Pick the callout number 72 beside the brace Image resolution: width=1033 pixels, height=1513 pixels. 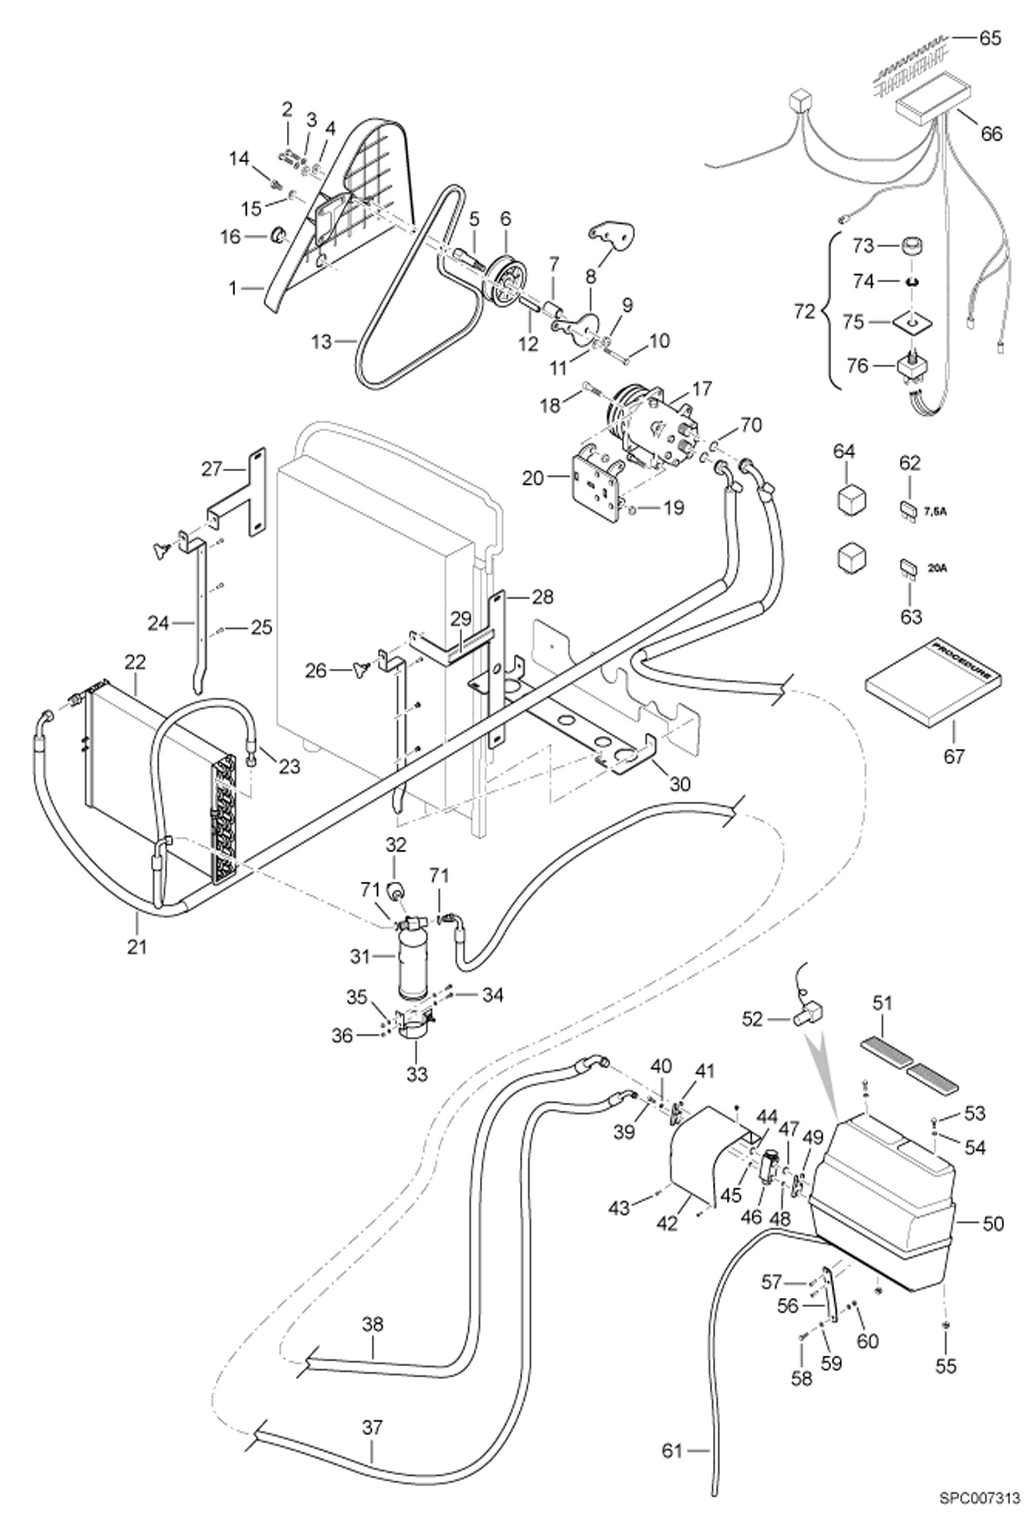[x=805, y=312]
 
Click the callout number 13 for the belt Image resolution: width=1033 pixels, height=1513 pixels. [x=321, y=341]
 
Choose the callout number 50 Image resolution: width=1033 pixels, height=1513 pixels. [x=992, y=1224]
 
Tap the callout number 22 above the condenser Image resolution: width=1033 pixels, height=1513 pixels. [x=135, y=662]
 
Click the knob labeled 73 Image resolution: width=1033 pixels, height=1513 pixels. [x=912, y=246]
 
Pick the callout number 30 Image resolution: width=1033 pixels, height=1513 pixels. [x=679, y=784]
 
